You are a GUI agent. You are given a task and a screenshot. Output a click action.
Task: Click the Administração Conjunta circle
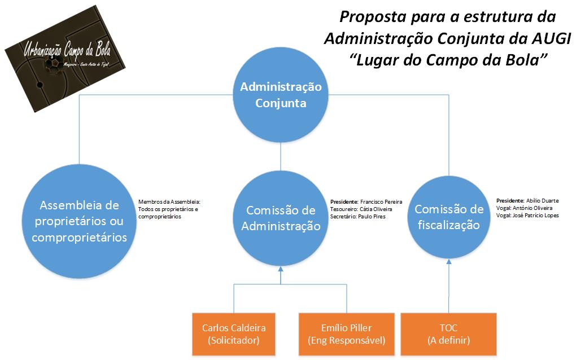(281, 95)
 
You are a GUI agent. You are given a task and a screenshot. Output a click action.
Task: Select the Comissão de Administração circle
(281, 218)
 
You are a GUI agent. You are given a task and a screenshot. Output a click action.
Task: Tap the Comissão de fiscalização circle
(449, 217)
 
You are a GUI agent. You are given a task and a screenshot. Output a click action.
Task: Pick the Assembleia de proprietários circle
(79, 221)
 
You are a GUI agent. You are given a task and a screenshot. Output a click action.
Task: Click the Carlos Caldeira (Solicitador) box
(233, 334)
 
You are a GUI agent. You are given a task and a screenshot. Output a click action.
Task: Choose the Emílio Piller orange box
(347, 334)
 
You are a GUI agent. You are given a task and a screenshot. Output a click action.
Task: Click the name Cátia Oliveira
(376, 209)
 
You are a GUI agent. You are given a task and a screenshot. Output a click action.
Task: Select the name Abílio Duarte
(543, 200)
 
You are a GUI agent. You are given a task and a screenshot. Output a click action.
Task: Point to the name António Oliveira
(533, 208)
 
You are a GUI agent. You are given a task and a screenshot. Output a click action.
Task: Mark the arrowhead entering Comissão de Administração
(281, 270)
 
